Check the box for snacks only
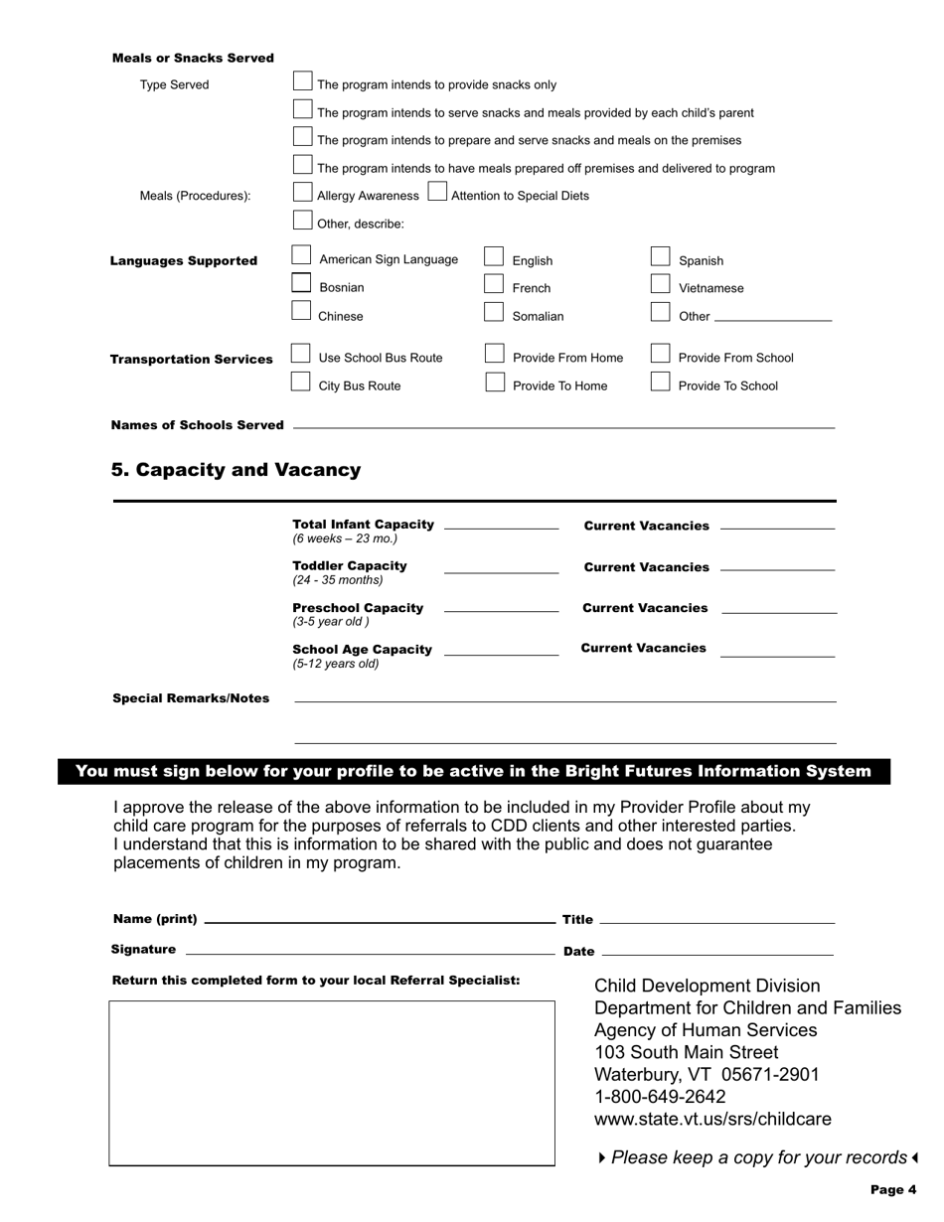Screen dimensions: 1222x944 pos(303,81)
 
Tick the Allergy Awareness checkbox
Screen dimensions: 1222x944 pos(303,193)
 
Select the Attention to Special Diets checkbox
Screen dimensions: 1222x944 pos(437,193)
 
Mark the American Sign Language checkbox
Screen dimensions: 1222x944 pos(302,256)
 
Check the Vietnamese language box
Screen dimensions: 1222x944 pos(661,285)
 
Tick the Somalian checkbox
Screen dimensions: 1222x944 pos(494,313)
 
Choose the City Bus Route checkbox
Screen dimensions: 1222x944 pos(301,382)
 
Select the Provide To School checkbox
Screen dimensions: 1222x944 pos(661,382)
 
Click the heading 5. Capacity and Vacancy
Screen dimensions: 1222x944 pos(236,470)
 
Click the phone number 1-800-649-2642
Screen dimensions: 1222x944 pos(660,1097)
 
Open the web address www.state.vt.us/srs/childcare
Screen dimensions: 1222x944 pos(712,1120)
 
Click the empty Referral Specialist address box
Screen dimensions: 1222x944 pos(332,1083)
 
